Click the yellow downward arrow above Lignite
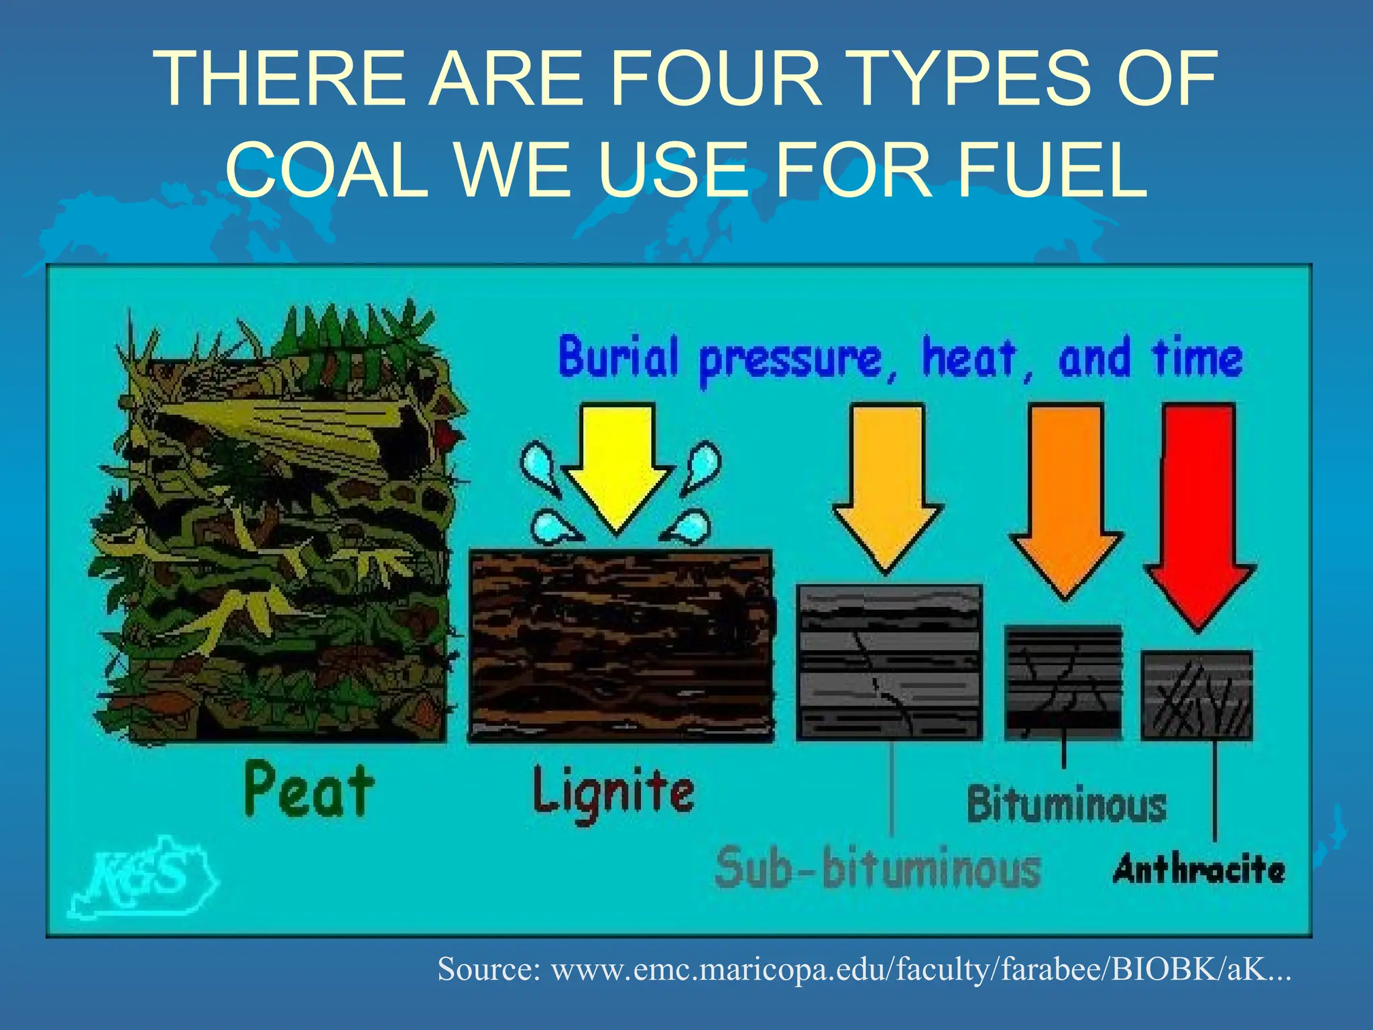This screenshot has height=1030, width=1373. click(x=617, y=463)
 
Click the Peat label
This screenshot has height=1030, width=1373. click(x=308, y=791)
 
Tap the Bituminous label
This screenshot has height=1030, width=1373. click(x=1066, y=805)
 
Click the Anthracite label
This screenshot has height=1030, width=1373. click(x=1199, y=869)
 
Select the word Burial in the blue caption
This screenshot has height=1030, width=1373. click(x=618, y=357)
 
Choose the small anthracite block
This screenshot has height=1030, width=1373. click(x=1197, y=695)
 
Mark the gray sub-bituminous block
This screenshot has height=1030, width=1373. click(x=889, y=663)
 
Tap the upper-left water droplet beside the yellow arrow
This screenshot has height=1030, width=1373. click(x=537, y=462)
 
